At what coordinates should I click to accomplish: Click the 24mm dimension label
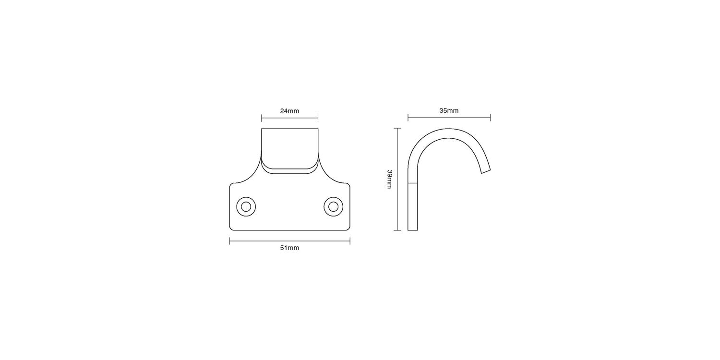[x=289, y=111]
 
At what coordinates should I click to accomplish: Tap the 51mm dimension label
[x=289, y=248]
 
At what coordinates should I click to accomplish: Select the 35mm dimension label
[x=449, y=110]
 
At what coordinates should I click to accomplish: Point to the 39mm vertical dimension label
[x=389, y=179]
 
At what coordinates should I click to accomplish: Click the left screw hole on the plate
[x=246, y=207]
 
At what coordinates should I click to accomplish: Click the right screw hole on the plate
[x=333, y=207]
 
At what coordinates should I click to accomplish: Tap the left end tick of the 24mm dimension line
[x=261, y=118]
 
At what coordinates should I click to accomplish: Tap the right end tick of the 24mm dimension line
[x=318, y=118]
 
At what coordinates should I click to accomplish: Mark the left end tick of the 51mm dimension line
[x=229, y=241]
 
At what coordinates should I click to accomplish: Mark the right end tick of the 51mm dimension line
[x=350, y=241]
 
